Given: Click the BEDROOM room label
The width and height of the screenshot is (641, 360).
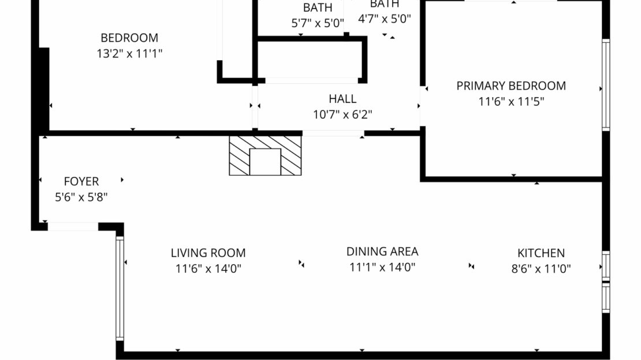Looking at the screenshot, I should [x=129, y=38].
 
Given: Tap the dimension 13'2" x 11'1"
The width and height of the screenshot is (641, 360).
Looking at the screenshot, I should [x=129, y=54].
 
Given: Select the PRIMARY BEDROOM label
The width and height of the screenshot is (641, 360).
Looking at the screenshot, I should [x=511, y=86].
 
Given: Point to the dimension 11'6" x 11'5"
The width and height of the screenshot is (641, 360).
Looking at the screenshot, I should [x=511, y=102].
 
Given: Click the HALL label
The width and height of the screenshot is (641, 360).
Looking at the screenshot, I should [x=342, y=99].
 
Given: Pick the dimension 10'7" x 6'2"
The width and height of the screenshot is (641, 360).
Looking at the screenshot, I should [x=342, y=114].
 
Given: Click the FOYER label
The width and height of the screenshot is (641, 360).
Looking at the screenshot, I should [x=81, y=181].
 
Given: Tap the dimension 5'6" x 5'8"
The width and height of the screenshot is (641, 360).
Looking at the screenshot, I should [x=81, y=197].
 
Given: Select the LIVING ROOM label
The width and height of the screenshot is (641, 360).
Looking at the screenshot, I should [x=208, y=253].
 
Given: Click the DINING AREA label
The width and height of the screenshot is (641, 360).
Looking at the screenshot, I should [x=382, y=251].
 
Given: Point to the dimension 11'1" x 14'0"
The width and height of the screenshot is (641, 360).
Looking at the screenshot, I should [x=382, y=267].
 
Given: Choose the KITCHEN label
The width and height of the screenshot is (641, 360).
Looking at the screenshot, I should [x=541, y=253].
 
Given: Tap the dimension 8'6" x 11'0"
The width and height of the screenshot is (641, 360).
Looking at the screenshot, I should [x=541, y=269].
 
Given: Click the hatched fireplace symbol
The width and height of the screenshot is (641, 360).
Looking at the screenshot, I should [x=266, y=155].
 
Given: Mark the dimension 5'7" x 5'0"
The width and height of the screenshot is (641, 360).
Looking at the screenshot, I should [x=318, y=24].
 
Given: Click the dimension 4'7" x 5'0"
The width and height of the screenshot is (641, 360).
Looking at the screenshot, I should [x=384, y=18].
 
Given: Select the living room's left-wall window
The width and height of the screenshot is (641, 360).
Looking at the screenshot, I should [x=120, y=288].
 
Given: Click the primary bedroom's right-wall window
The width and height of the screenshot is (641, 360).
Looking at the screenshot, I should [x=605, y=84].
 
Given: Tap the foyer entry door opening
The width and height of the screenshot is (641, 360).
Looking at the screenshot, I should [x=73, y=227].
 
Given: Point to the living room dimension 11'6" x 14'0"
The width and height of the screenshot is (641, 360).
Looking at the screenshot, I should [x=208, y=269].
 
